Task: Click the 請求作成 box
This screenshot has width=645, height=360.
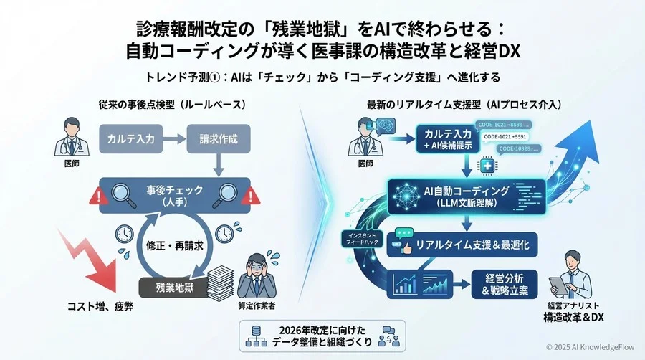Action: click(212, 140)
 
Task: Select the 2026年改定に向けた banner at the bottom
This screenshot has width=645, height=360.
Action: click(322, 336)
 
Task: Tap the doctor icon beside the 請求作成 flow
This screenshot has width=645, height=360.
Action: click(65, 136)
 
